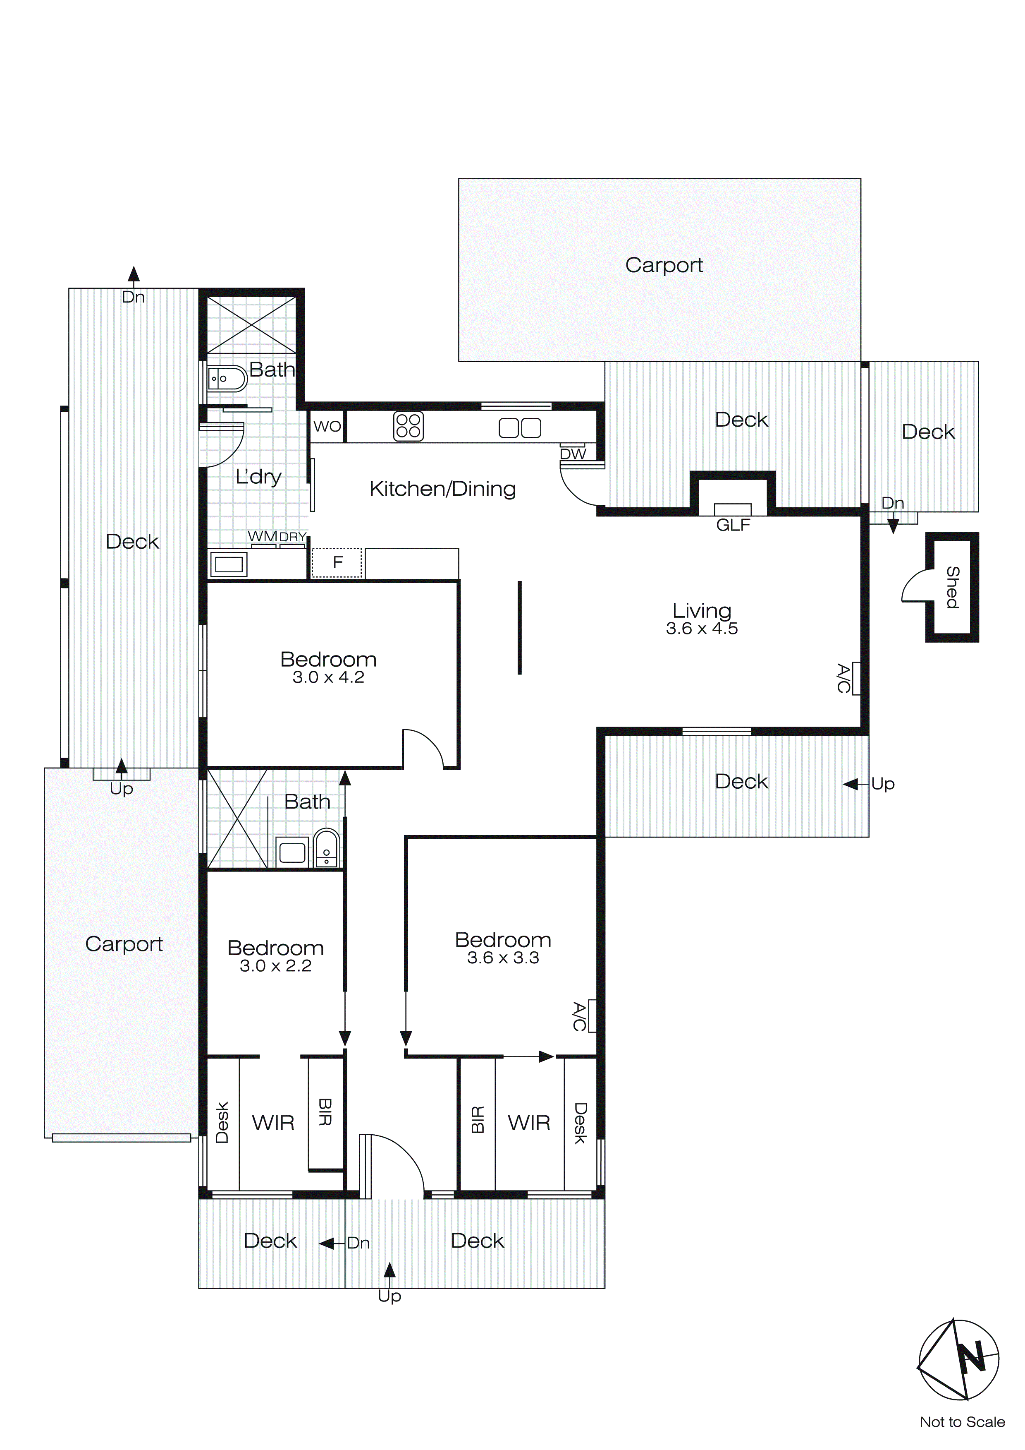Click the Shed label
point(952,587)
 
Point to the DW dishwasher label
point(573,454)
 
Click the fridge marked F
point(338,562)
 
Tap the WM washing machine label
point(262,536)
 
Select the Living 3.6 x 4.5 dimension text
point(702,629)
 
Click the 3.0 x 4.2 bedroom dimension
point(328,678)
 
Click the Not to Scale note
point(962,1421)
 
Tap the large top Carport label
point(664,265)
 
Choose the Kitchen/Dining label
point(442,489)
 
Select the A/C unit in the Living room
point(856,678)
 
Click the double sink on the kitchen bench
point(520,428)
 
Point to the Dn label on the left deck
point(133,297)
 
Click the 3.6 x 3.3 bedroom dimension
point(503,958)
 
